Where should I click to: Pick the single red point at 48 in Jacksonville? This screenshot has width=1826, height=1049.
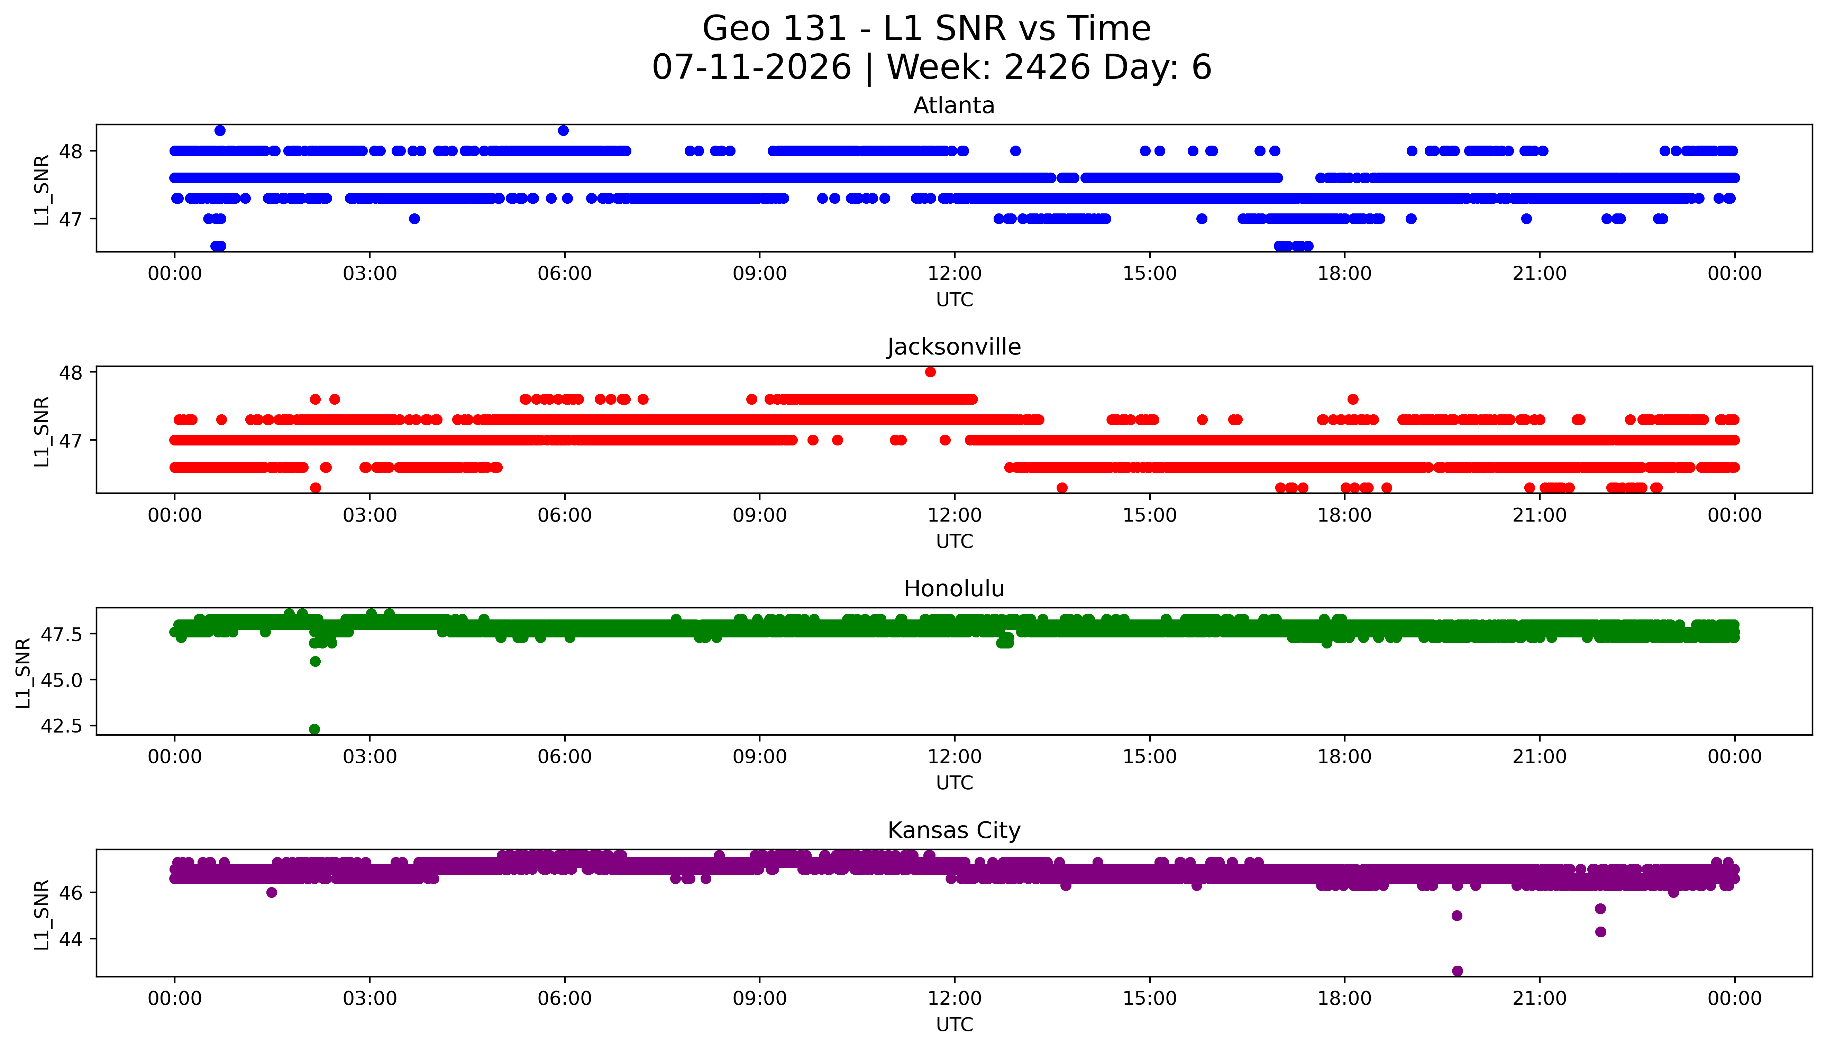(930, 372)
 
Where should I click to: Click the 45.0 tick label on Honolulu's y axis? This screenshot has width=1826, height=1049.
(62, 680)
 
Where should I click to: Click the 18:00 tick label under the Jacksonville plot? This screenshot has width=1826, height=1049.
(1345, 515)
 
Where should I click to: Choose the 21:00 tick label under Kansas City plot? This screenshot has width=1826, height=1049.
(1539, 999)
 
